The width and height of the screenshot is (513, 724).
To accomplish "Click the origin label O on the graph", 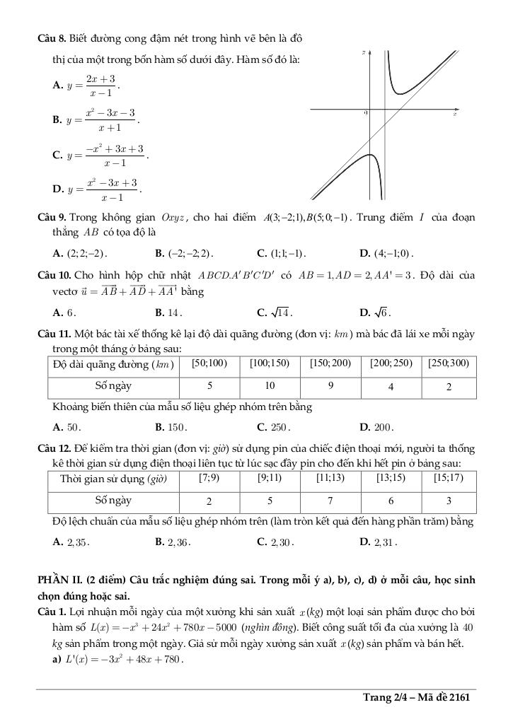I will (366, 113).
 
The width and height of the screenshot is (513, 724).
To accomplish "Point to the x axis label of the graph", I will (455, 114).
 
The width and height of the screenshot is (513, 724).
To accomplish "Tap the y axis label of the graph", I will (362, 52).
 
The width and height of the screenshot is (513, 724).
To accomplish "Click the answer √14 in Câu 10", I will (275, 312).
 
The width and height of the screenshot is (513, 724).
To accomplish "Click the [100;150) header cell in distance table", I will (269, 364).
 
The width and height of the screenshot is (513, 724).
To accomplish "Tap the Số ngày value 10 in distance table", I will (270, 387).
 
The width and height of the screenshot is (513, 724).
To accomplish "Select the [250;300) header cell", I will (449, 364).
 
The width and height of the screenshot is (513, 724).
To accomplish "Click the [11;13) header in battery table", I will (330, 479).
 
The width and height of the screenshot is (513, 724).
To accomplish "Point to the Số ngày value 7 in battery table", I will (330, 501).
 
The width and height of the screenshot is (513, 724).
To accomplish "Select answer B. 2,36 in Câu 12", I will (173, 543).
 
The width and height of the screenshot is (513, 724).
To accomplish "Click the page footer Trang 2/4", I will (417, 698).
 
